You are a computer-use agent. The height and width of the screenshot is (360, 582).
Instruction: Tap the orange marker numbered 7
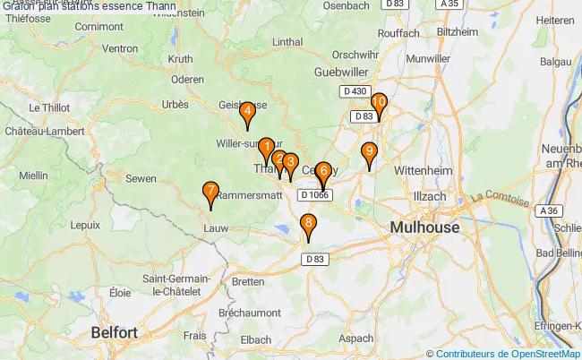[210, 192]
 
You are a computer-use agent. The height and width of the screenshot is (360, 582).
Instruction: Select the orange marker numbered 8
[309, 225]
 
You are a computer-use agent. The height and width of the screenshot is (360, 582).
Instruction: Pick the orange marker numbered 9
[369, 152]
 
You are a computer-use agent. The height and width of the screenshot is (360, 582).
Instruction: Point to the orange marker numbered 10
[379, 104]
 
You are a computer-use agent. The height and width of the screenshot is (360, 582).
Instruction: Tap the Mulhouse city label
[424, 227]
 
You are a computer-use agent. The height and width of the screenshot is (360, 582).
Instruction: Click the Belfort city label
[115, 332]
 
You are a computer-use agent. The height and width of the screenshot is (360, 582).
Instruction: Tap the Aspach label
[356, 338]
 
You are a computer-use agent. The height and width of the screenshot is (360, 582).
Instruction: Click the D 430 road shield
[355, 91]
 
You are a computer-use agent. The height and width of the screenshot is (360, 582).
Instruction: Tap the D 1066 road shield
[315, 194]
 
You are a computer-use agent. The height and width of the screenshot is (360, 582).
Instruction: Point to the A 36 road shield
[552, 210]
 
